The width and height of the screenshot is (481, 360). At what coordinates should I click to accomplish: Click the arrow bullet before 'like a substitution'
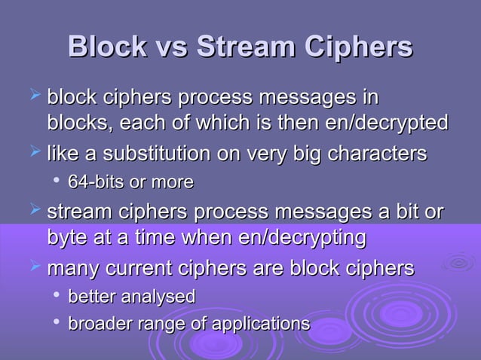pyautogui.click(x=32, y=153)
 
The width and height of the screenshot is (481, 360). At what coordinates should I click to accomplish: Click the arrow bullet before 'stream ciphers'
pyautogui.click(x=32, y=212)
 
